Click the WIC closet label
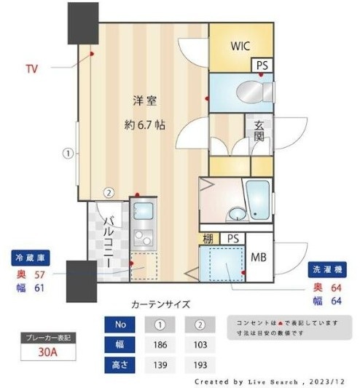(240, 46)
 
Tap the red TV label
(31, 69)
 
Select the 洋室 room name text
(143, 101)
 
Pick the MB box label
(259, 258)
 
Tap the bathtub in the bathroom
(259, 200)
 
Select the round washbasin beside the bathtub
(236, 214)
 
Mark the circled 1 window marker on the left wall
(67, 154)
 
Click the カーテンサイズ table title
(160, 304)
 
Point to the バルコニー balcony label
(108, 241)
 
